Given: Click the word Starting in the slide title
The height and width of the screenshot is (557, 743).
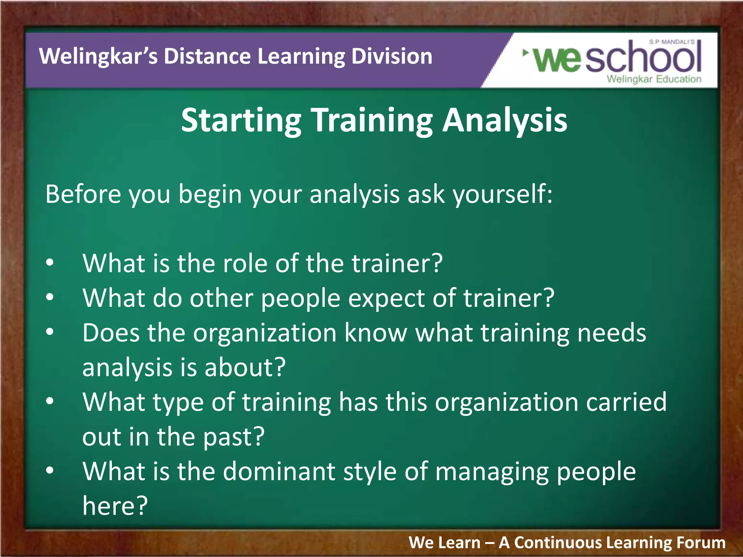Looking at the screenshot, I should click(x=241, y=121).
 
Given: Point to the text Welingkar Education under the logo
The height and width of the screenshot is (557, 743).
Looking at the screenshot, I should click(x=654, y=79).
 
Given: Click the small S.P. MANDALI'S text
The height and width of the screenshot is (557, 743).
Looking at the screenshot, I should click(x=672, y=42).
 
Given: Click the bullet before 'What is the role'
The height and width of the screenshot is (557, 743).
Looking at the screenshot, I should click(x=50, y=263).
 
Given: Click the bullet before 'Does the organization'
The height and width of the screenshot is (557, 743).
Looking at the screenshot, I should click(x=50, y=332).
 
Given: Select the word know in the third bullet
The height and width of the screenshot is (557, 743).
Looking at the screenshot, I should click(x=375, y=333).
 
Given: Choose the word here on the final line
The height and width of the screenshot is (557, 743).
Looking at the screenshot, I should click(x=114, y=506).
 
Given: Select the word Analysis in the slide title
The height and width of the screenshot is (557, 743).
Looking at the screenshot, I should click(x=505, y=120).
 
